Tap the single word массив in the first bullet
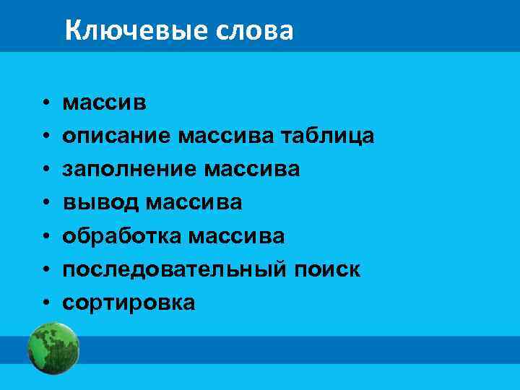tap(105, 103)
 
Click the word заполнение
tap(129, 170)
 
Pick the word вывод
tap(100, 203)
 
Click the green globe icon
tap(53, 350)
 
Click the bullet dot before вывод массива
tap(45, 203)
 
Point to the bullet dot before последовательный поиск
tap(45, 269)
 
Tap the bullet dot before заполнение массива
tap(45, 170)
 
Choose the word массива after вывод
tap(194, 203)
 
